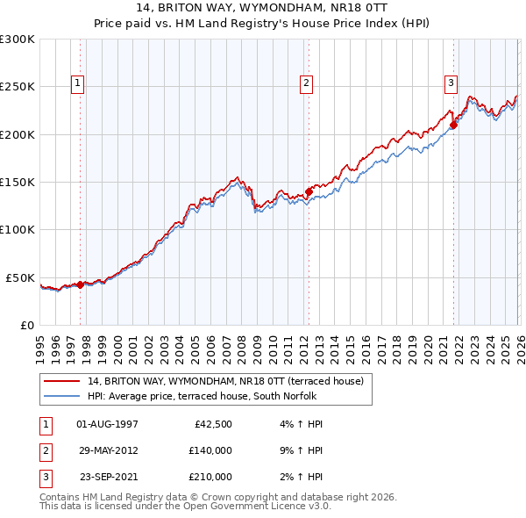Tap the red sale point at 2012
click(309, 192)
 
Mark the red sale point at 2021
click(453, 126)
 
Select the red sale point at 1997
click(80, 284)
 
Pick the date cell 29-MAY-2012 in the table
click(107, 450)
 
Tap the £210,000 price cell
click(210, 477)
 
